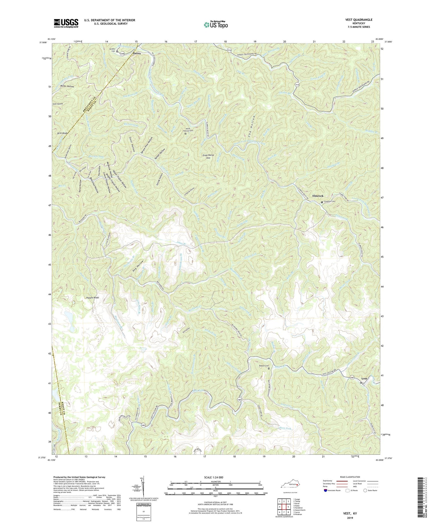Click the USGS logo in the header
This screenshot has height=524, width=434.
pyautogui.click(x=66, y=23)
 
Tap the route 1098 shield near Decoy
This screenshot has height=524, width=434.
pyautogui.click(x=122, y=54)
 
